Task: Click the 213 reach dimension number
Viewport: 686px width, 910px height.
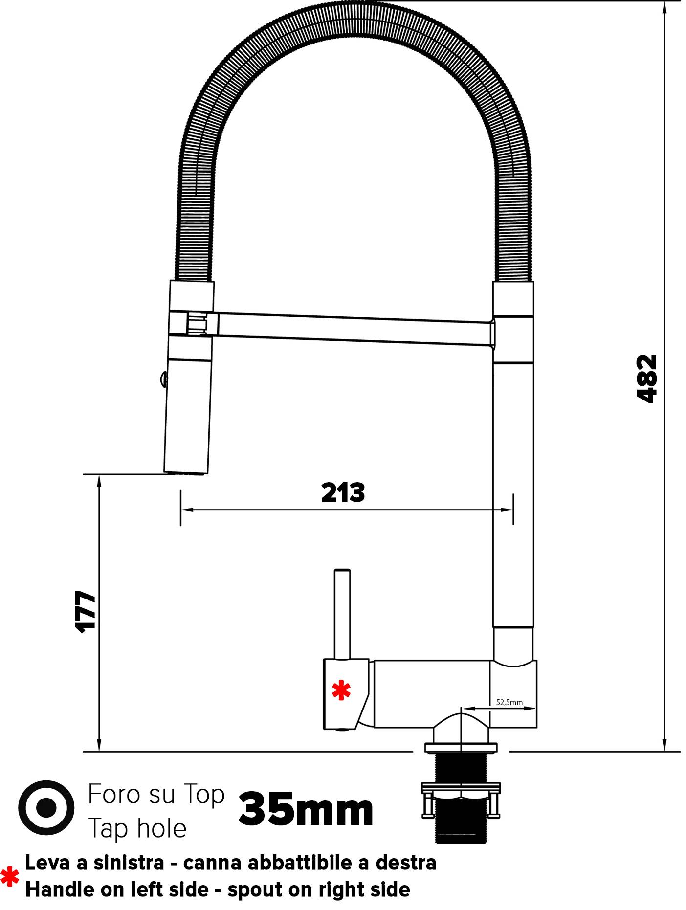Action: [x=343, y=493]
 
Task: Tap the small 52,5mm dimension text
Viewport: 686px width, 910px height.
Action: [x=509, y=702]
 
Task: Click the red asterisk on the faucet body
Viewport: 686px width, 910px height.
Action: [x=341, y=690]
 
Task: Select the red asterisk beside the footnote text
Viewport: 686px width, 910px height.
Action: [x=10, y=878]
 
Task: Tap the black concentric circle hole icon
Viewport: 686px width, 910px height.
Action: [x=46, y=808]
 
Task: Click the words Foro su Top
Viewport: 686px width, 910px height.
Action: [x=156, y=795]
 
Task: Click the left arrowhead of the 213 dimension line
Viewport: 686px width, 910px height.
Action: [x=185, y=510]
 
